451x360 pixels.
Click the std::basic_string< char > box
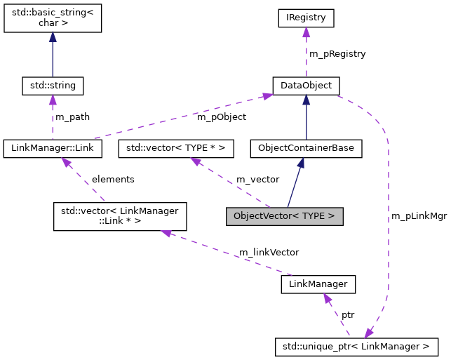tap(53, 18)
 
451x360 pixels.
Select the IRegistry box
tap(305, 18)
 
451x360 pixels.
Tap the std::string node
tap(53, 86)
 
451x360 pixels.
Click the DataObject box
tap(306, 86)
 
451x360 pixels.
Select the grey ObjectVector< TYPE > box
tap(284, 216)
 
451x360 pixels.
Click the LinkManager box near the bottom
tap(318, 284)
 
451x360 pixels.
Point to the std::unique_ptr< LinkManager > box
tap(357, 346)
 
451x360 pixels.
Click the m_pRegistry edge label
tap(337, 53)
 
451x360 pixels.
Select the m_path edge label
tap(72, 116)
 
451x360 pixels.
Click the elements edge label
tap(113, 179)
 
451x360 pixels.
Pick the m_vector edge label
tap(257, 179)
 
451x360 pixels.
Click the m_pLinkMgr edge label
tap(419, 216)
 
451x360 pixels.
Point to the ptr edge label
tap(348, 315)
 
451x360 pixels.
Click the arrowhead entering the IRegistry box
tap(305, 32)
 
